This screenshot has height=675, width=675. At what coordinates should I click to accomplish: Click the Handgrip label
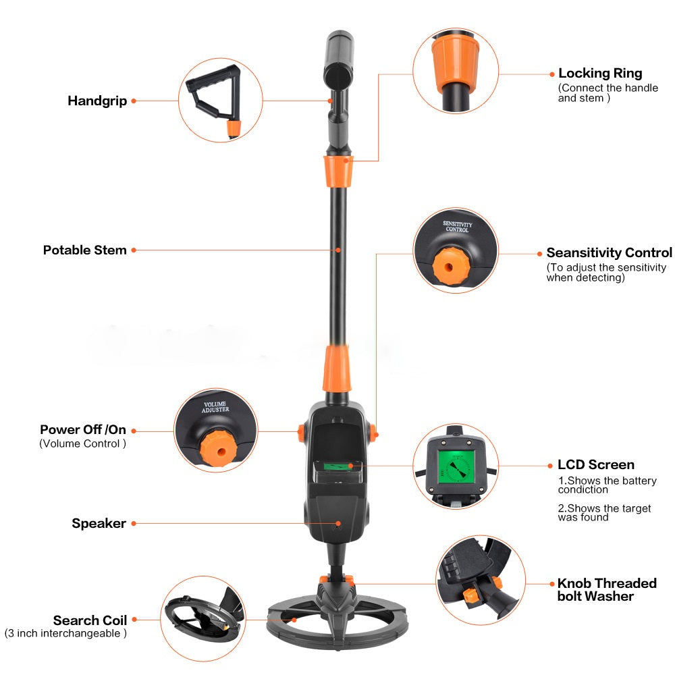coord(97,101)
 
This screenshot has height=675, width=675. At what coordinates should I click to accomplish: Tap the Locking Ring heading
coord(600,73)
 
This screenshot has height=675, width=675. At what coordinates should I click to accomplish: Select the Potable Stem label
coord(85,250)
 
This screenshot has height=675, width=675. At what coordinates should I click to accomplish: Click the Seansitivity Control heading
coord(609,252)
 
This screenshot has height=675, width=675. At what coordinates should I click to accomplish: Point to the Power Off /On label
coord(83,430)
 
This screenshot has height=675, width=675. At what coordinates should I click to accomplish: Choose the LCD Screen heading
coord(596,464)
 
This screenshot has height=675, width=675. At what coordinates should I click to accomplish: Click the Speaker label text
coord(99,523)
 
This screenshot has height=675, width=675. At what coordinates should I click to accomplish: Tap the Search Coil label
coord(90,620)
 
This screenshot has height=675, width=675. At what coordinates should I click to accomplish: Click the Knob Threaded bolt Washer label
coord(606,589)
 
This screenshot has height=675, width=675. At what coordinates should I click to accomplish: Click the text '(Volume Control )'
coord(82,443)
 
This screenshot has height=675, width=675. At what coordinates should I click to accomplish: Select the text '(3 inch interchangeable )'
coord(65,633)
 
